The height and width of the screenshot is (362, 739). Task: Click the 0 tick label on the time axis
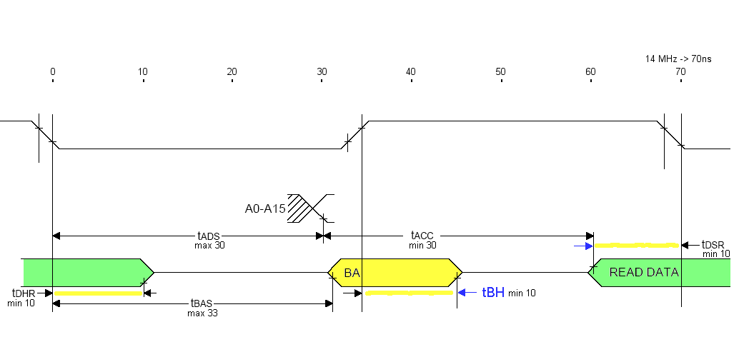(52, 71)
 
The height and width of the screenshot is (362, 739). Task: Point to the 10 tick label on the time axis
(142, 71)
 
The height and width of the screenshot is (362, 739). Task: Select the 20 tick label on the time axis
(232, 71)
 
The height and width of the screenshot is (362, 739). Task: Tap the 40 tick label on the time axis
(410, 71)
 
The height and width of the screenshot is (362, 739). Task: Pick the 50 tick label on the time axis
(500, 71)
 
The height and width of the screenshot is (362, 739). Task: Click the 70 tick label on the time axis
(680, 71)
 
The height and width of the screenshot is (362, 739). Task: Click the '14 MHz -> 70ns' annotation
(678, 58)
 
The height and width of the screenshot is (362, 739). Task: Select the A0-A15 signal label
(264, 208)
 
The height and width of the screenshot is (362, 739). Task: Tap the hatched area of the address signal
(300, 208)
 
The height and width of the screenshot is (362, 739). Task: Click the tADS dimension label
(209, 236)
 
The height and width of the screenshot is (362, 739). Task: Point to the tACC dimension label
(422, 236)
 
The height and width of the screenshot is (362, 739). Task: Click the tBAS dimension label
(202, 303)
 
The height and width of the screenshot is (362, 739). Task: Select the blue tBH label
(493, 292)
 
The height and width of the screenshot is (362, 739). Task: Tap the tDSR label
(713, 244)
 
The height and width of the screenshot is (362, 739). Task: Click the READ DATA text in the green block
(643, 272)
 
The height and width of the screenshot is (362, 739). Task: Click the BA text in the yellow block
(352, 273)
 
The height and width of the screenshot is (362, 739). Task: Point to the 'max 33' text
(202, 313)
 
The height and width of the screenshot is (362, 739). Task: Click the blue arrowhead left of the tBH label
(462, 292)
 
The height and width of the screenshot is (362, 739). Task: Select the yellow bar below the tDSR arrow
(636, 246)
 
